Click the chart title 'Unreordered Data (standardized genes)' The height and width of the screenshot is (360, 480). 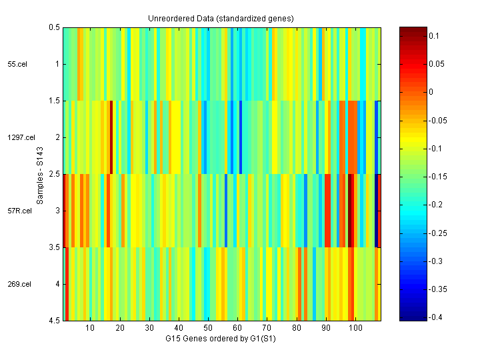coord(221,18)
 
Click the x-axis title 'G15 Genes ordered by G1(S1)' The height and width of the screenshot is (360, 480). coord(221,339)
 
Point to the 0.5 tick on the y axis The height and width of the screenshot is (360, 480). coord(53,27)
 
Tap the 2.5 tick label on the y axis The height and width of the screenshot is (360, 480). coord(53,174)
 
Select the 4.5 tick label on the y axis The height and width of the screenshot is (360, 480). coord(53,321)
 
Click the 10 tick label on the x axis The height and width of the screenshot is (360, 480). coord(90,329)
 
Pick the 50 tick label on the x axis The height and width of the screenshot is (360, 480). coord(208,329)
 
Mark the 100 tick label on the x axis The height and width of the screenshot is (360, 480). coord(355,329)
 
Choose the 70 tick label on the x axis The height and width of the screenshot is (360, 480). coord(267,329)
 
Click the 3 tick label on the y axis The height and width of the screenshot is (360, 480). coord(57,211)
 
